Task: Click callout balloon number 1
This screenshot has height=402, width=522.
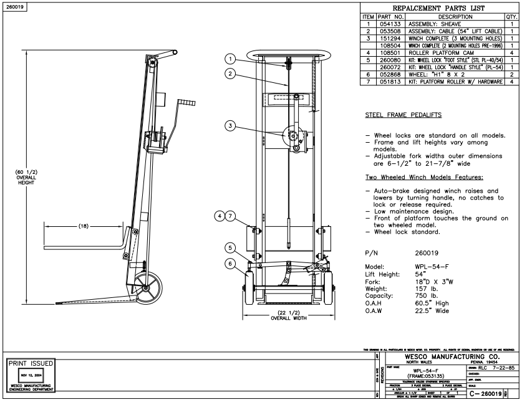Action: tap(231, 60)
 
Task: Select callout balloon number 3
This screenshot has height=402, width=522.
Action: tap(231, 126)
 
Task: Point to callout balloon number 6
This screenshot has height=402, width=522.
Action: tap(231, 264)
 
